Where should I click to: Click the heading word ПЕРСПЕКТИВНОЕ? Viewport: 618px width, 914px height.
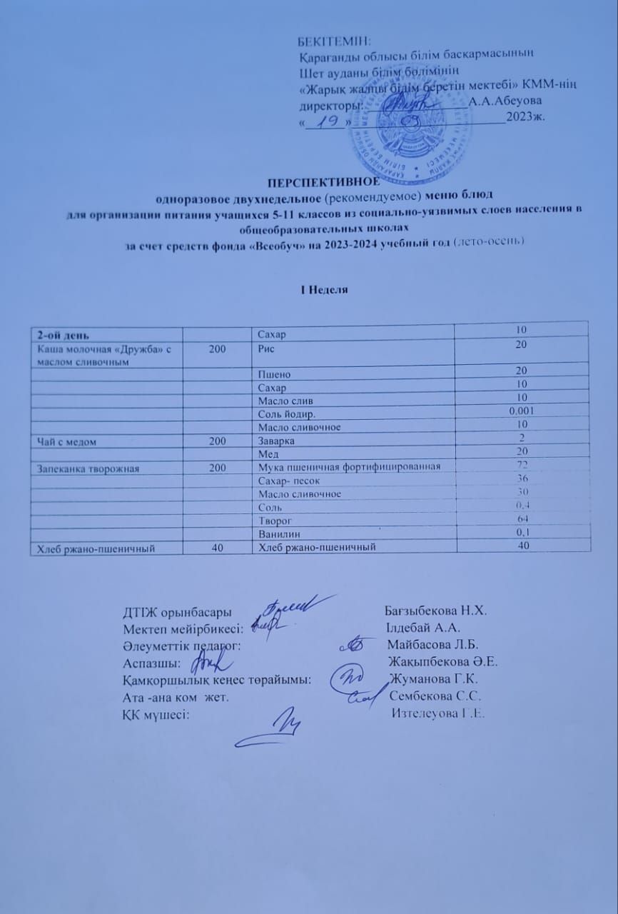[308, 181]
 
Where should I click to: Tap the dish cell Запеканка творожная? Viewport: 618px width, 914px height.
[79, 468]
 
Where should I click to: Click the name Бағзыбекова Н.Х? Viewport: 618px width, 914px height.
[435, 611]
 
